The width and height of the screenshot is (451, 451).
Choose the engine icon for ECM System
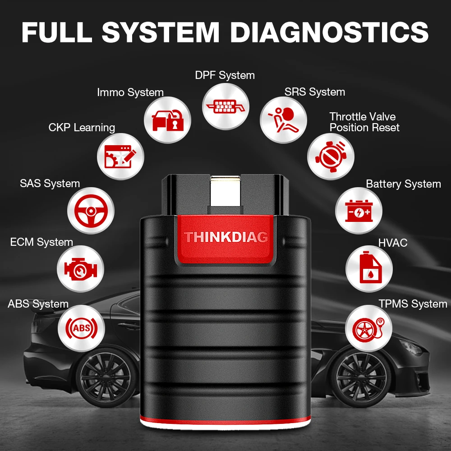click(x=80, y=269)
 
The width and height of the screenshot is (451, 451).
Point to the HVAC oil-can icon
click(x=368, y=269)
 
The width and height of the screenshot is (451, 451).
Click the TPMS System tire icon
click(x=368, y=328)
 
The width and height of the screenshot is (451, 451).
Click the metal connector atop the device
click(x=225, y=192)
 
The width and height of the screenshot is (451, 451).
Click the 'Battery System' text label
click(x=403, y=184)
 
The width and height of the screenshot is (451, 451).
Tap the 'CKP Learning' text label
click(x=82, y=128)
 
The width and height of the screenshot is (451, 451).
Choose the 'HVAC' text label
click(x=393, y=243)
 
